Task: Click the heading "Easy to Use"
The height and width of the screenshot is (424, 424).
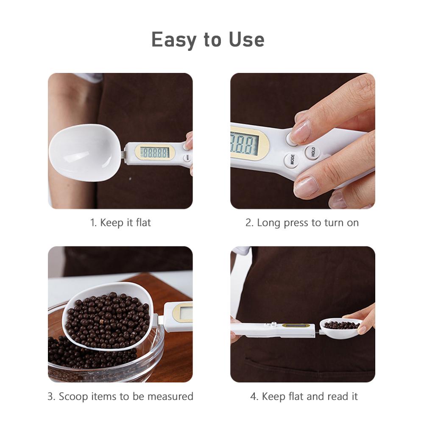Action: (x=208, y=40)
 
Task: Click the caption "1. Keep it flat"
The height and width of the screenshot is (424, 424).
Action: (x=120, y=223)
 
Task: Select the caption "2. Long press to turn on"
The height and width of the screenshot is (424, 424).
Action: (x=302, y=223)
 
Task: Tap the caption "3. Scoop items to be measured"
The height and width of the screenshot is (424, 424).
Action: (x=120, y=396)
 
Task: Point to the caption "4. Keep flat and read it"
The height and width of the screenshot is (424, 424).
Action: (x=304, y=396)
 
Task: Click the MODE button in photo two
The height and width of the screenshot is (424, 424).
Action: (x=292, y=160)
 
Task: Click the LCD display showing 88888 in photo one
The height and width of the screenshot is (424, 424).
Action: (x=154, y=152)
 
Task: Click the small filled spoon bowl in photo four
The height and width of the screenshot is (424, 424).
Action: (x=340, y=326)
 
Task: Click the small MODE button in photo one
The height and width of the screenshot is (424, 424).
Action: (x=186, y=158)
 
